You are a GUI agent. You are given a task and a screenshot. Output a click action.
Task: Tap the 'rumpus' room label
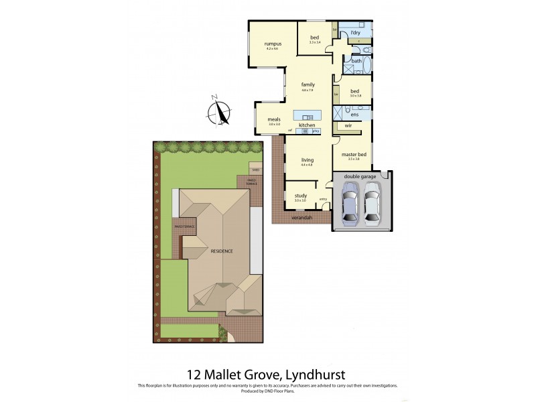(x=272, y=44)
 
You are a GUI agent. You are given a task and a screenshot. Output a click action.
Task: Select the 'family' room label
(x=308, y=84)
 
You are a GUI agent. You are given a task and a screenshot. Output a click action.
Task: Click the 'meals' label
(x=273, y=119)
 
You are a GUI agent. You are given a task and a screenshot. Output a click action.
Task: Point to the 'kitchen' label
(x=307, y=125)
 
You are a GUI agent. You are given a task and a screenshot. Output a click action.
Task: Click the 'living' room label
(x=308, y=159)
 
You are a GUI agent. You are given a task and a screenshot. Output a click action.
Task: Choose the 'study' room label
(x=300, y=195)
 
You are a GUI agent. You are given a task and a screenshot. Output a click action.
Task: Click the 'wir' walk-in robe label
(x=348, y=125)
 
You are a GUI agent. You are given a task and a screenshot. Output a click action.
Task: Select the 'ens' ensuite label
(x=354, y=115)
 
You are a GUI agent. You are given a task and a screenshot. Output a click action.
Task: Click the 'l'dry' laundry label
(x=354, y=31)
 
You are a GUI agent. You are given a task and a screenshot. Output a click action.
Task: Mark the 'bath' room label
(x=356, y=61)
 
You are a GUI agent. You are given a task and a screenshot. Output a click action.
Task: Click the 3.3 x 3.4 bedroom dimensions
(x=315, y=42)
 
